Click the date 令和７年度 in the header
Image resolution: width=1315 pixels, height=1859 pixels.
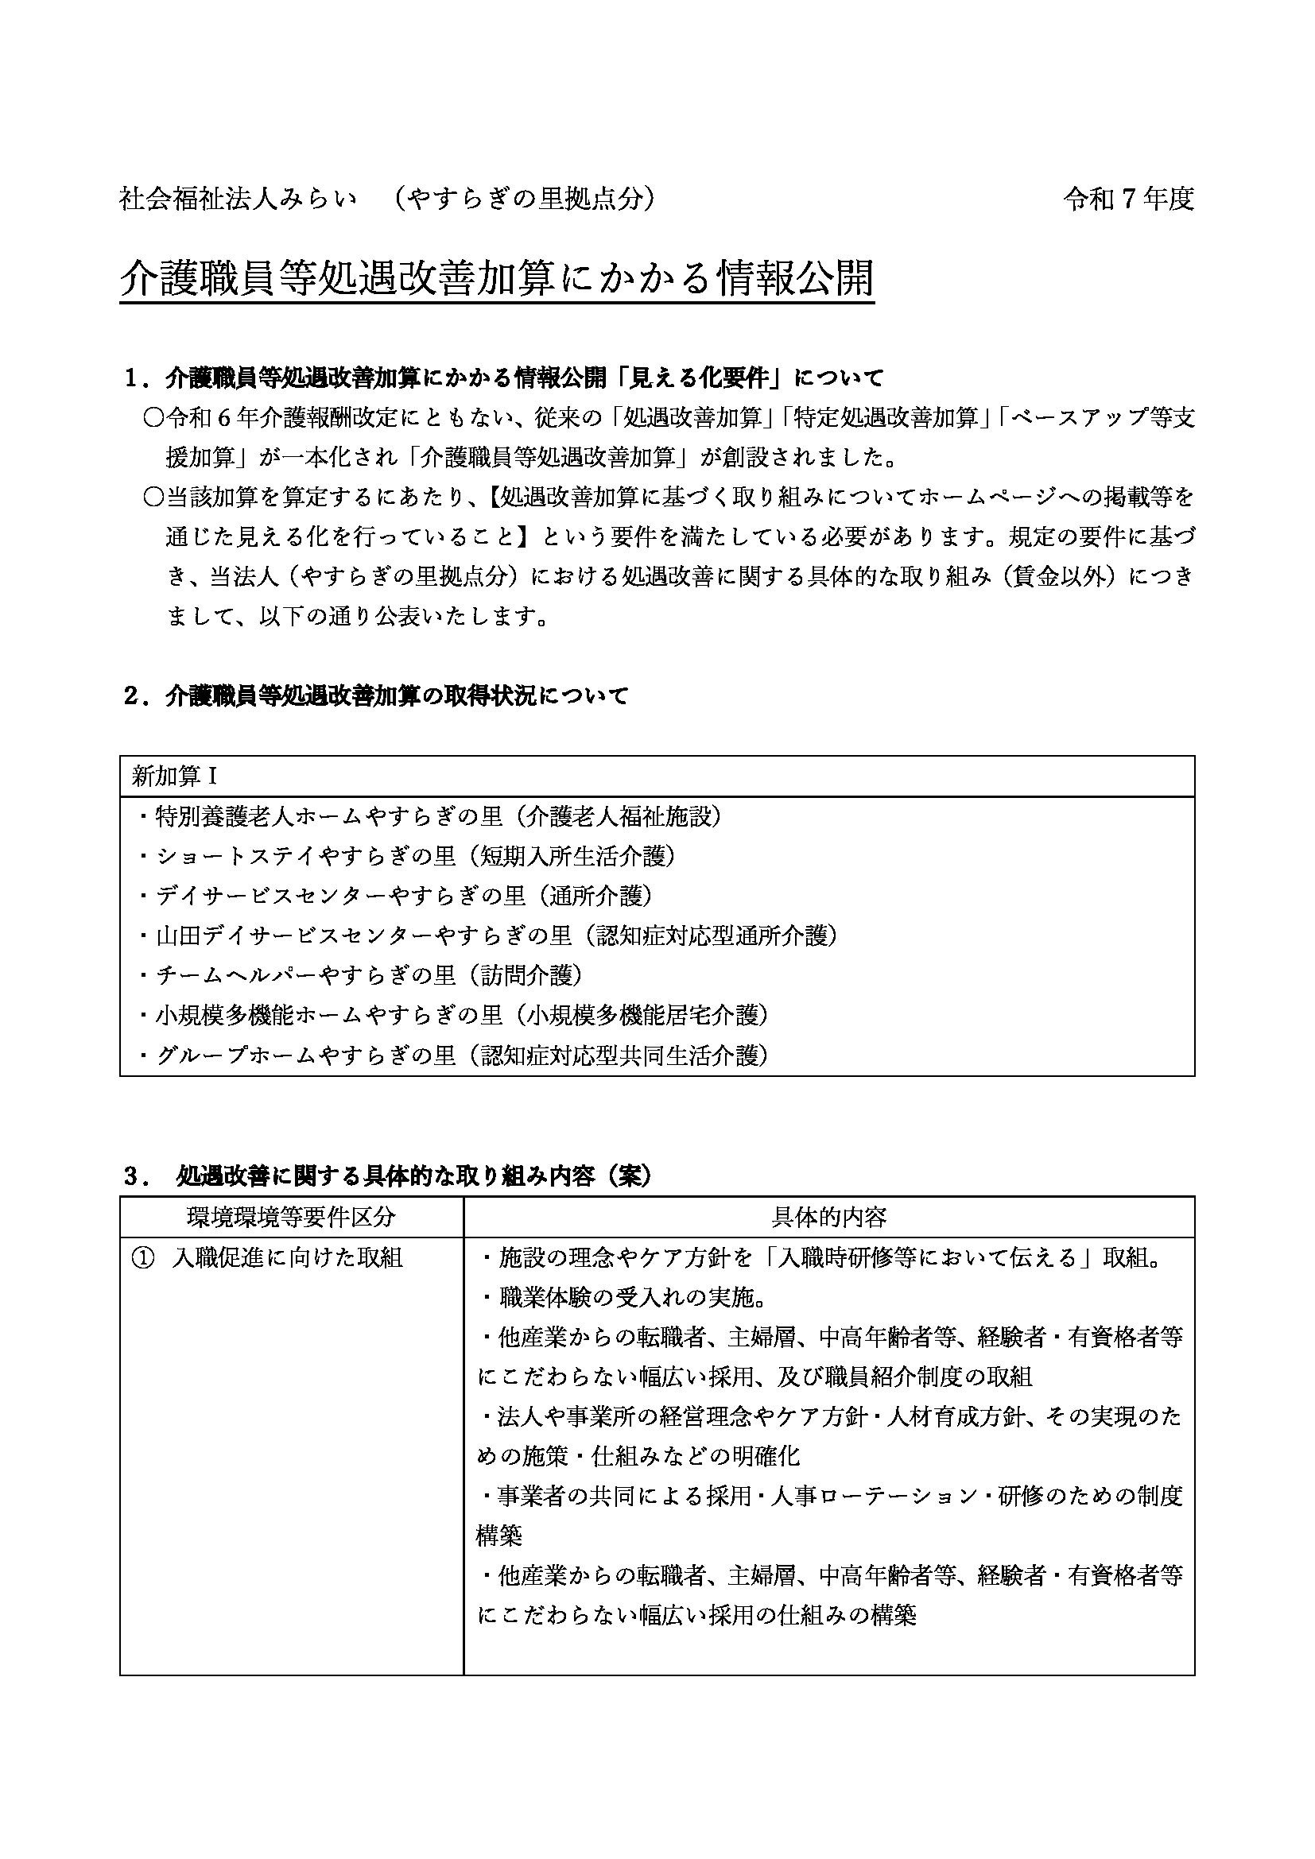(1128, 199)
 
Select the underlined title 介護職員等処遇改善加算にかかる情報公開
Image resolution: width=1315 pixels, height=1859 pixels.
(496, 279)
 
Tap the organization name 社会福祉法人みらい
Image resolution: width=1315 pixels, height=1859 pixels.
(238, 199)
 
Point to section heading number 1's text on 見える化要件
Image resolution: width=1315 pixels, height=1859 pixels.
(502, 378)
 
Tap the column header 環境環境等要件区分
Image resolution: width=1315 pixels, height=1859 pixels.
(292, 1217)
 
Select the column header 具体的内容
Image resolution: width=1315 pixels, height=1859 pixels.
(828, 1217)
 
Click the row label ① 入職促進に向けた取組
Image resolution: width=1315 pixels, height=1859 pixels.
(267, 1257)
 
